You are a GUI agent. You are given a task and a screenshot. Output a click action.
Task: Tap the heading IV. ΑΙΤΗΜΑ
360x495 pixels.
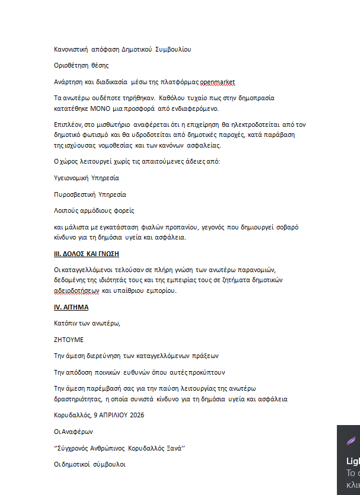click(71, 307)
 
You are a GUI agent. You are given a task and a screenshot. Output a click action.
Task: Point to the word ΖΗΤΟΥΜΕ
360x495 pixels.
click(69, 340)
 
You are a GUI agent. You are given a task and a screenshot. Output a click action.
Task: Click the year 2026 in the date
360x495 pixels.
click(135, 415)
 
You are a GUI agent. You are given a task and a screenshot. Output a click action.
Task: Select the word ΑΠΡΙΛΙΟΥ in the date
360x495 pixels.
click(111, 415)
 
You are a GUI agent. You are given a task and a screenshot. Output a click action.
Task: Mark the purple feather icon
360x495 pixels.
click(351, 441)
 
